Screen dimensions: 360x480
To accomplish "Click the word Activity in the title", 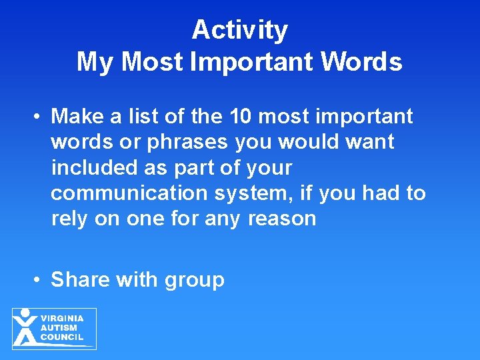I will click(239, 31).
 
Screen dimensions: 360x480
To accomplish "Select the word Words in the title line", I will click(363, 62).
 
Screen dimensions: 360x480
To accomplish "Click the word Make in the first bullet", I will click(75, 117).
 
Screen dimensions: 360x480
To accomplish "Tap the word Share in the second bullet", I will click(80, 279).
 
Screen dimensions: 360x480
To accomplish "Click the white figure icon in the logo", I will click(25, 327).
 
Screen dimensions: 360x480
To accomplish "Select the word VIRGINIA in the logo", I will click(61, 319).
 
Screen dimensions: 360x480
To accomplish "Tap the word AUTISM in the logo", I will click(59, 328).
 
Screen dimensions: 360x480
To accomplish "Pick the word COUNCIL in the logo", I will click(62, 337).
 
